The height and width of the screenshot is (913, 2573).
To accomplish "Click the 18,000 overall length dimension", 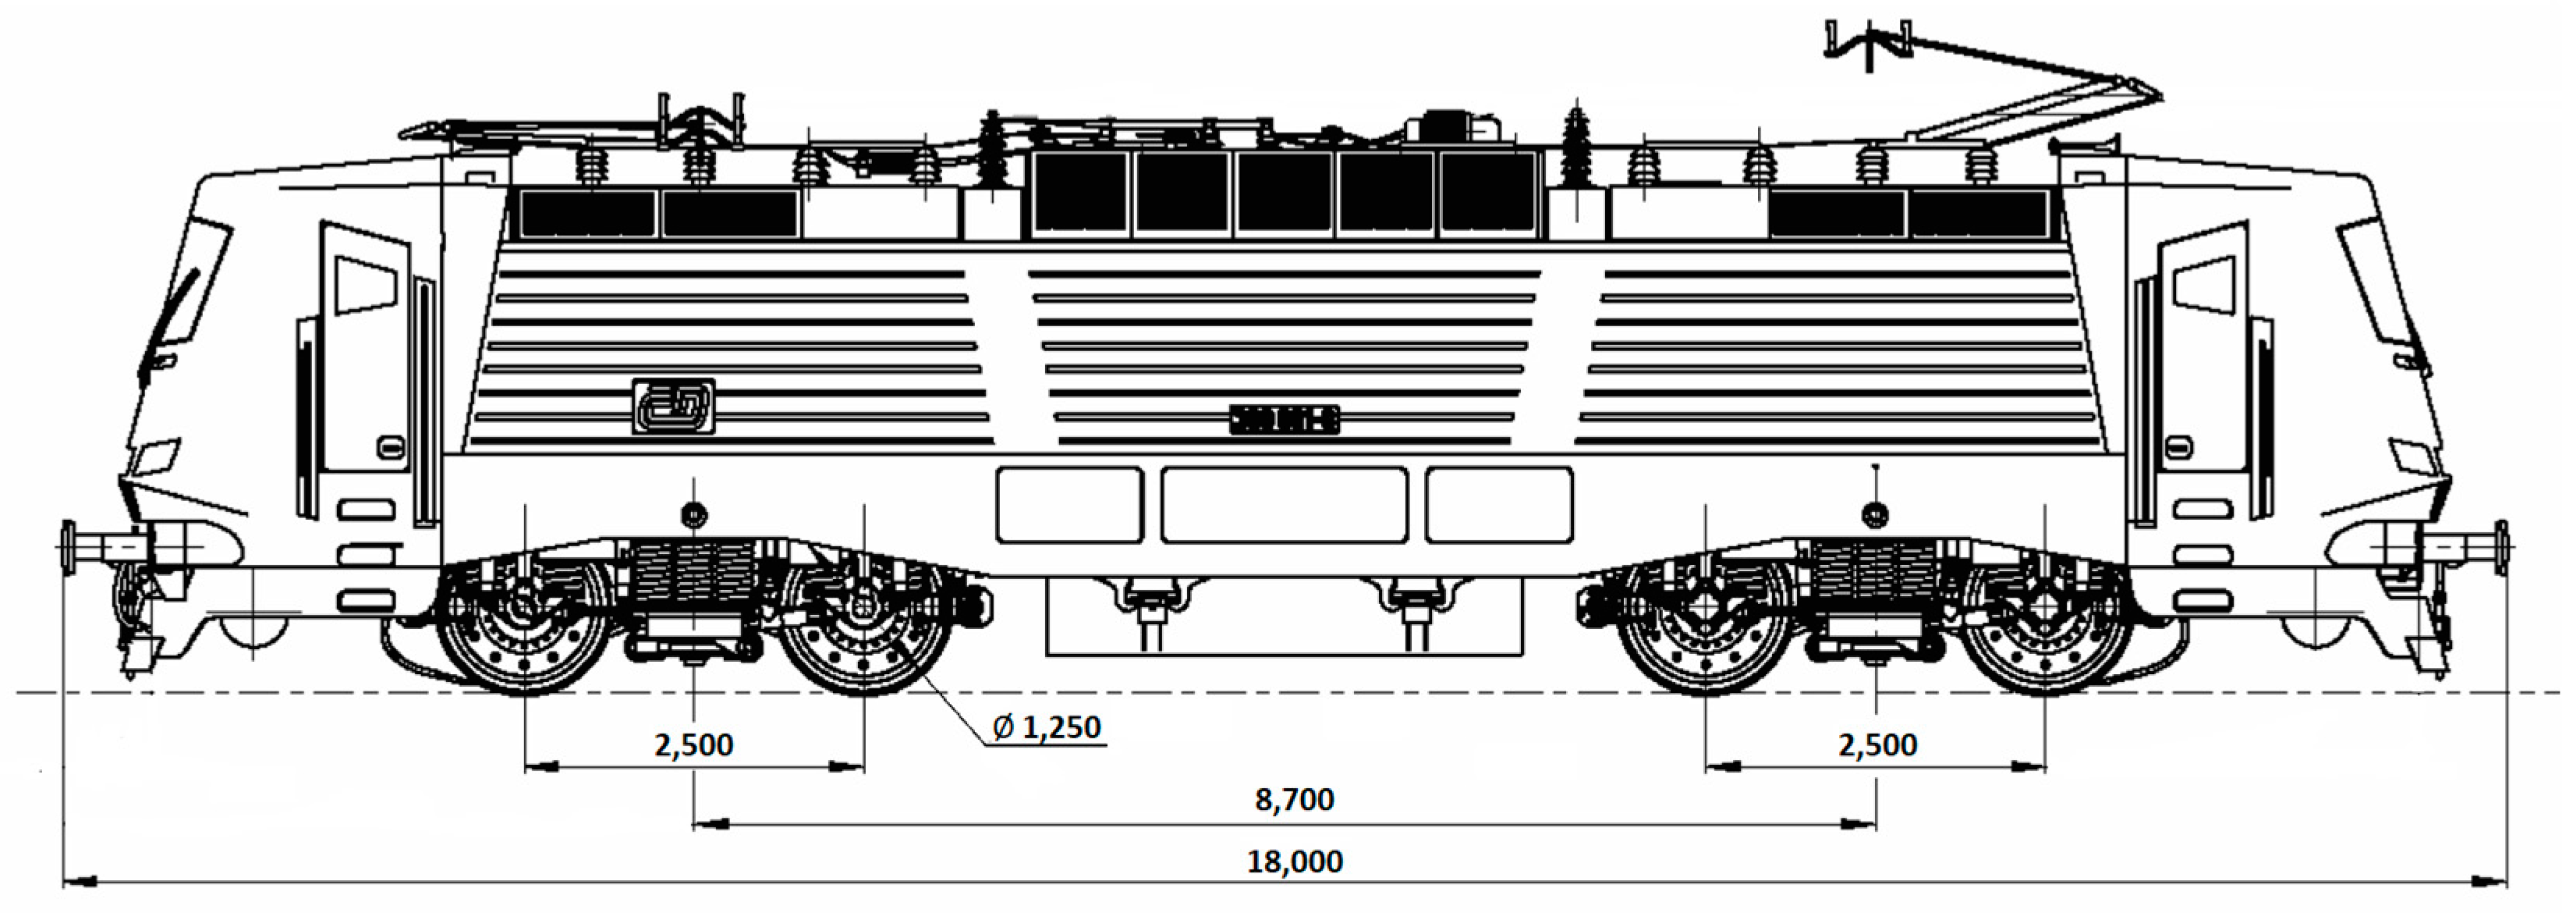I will (x=1295, y=861).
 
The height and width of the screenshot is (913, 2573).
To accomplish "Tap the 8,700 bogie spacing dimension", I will (x=1295, y=799).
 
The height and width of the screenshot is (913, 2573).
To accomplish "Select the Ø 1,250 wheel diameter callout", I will (x=1047, y=727).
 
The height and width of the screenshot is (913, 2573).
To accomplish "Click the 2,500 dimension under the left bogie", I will (x=693, y=745).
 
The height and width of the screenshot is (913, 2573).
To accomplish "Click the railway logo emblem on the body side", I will (x=673, y=407).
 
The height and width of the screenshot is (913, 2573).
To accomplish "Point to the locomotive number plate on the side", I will (x=1284, y=420).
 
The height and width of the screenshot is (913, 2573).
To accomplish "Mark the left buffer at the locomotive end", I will (x=100, y=547).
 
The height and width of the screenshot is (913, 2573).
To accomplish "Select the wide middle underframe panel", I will (x=1284, y=504).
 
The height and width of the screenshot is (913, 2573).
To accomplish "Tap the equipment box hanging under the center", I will (x=1284, y=620).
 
